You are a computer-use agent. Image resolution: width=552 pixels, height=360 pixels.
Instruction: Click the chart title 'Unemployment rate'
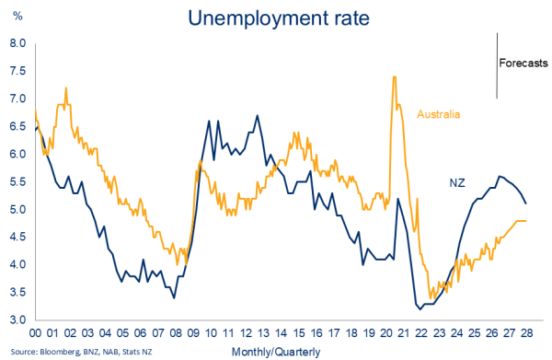pos(279,18)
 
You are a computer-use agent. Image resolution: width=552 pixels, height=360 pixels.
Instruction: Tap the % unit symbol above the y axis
pos(17,16)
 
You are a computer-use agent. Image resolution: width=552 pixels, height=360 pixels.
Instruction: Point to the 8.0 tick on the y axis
pos(17,43)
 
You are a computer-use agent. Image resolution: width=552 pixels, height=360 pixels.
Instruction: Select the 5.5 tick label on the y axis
pos(17,181)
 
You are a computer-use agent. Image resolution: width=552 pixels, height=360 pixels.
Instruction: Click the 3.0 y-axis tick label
pos(17,319)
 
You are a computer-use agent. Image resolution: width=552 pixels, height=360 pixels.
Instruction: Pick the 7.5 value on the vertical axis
pos(17,71)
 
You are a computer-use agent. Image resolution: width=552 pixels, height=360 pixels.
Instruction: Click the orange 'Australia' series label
pos(438,114)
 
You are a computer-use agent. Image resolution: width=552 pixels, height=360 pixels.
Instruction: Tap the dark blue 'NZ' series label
pos(457,183)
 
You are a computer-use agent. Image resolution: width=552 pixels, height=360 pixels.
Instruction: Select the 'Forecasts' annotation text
pos(523,63)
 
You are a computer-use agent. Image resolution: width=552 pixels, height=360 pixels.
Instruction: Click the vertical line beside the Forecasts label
pos(497,65)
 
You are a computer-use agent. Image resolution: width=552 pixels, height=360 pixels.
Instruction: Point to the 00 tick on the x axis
pos(36,333)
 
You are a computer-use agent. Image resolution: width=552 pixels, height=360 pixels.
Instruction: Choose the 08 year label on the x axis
pos(176,333)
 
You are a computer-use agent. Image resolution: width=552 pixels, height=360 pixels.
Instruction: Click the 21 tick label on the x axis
pos(404,333)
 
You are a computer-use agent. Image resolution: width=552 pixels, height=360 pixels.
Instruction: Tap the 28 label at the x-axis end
pos(526,333)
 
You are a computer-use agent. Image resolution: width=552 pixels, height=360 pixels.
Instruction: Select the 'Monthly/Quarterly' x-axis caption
pos(276,352)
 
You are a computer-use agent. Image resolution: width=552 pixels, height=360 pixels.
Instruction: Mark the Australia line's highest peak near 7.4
pos(395,76)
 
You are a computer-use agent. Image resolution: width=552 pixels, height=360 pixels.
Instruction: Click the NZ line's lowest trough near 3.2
pos(420,309)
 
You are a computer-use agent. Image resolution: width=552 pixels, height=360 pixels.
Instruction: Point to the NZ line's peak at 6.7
pos(258,115)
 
